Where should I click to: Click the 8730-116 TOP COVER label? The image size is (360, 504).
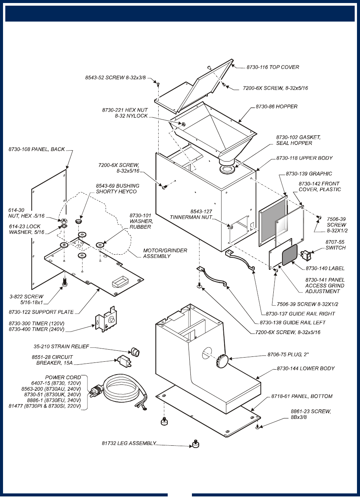pos(273,67)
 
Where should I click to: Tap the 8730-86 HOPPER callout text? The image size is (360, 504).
pos(276,107)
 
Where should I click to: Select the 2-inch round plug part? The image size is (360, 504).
pos(222,359)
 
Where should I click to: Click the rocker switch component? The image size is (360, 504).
pos(305,256)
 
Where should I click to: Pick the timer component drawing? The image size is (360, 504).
pos(106,319)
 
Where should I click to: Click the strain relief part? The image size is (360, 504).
pos(135,352)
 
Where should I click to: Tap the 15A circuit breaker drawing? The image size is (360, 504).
pos(124,361)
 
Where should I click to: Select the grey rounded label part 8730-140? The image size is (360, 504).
pos(290,254)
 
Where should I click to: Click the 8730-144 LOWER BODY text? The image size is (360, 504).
pos(305,369)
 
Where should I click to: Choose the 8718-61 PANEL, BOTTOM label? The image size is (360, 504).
pos(302,397)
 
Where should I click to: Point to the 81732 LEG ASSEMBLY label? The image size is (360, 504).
pos(129,443)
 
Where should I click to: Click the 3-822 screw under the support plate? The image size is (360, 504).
pos(64,282)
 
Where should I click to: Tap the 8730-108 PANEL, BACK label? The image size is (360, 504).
pos(37,149)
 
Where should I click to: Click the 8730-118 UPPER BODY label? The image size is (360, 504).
pos(304,158)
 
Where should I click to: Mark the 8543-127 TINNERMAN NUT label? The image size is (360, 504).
pos(191,215)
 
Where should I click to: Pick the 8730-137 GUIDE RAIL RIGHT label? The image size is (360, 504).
pos(300,314)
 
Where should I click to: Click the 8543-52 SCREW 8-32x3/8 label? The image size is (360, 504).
pos(115,78)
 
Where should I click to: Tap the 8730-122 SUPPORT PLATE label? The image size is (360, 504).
pos(41,312)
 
